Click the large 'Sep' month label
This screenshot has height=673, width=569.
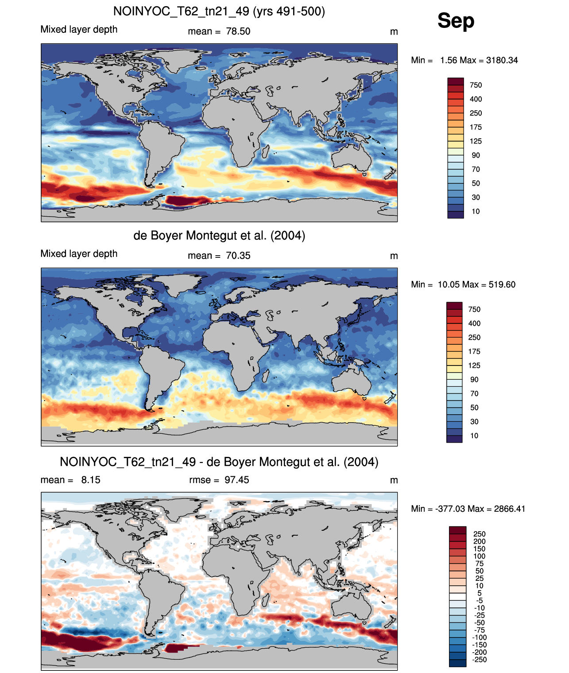[x=456, y=21]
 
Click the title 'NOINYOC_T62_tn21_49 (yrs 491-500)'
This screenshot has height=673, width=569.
[x=219, y=12]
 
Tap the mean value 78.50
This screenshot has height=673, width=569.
[x=238, y=31]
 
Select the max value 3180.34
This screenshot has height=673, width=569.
[x=502, y=60]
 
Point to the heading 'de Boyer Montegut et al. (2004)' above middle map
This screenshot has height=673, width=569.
[x=219, y=235]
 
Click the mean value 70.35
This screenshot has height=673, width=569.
[x=238, y=256]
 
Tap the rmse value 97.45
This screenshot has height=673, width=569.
[x=237, y=480]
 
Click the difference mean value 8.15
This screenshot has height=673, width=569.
[x=91, y=480]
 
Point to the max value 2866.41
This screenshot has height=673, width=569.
[x=510, y=509]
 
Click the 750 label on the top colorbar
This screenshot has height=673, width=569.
[x=476, y=85]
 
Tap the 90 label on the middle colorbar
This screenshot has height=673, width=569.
[x=474, y=379]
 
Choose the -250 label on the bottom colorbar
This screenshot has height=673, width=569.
[x=479, y=659]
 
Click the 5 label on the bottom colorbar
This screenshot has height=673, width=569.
[x=479, y=593]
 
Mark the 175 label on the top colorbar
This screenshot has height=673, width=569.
[x=476, y=127]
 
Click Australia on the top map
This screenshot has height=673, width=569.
[x=351, y=158]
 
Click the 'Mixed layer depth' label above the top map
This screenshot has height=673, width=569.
[x=79, y=29]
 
